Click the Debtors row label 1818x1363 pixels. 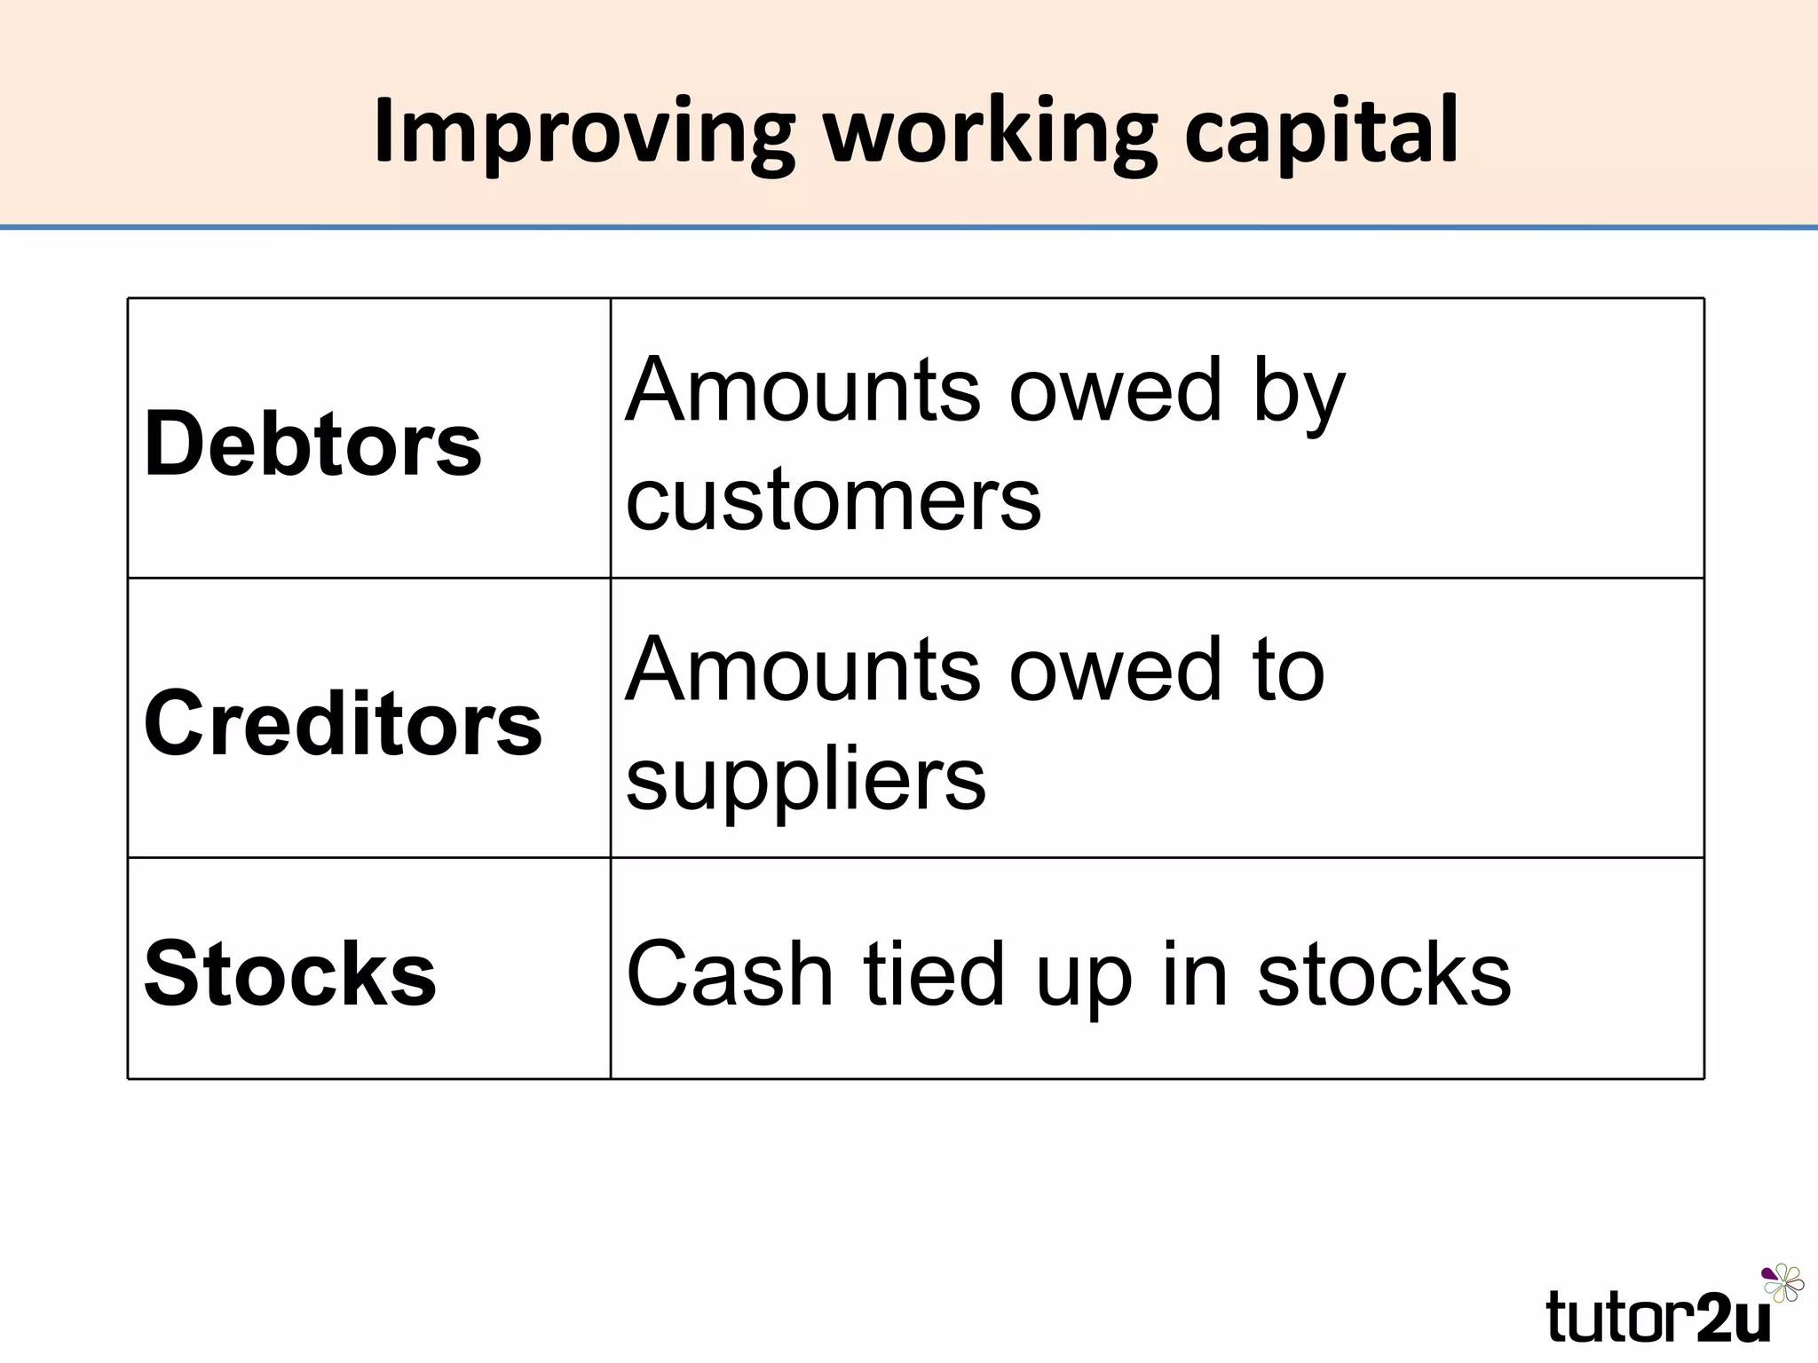312,443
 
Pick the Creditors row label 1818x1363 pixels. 343,723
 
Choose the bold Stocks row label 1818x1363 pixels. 290,973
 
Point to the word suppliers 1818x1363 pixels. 806,779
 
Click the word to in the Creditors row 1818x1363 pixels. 1288,670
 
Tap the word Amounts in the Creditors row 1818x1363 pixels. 804,670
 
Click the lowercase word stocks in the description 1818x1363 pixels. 1384,973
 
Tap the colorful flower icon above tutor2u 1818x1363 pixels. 1782,1283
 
